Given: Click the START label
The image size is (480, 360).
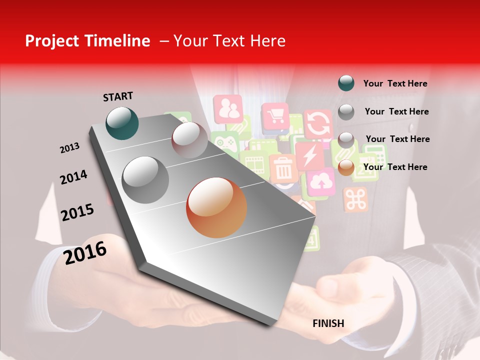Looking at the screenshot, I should (x=118, y=96).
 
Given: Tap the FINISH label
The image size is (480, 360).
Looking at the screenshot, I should (x=328, y=323).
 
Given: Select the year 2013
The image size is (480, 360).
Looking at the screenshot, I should (x=70, y=147).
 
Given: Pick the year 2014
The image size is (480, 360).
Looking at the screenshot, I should (x=73, y=177).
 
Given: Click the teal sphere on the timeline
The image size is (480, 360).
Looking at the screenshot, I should (x=122, y=123).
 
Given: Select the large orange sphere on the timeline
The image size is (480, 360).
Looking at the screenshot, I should (x=216, y=207).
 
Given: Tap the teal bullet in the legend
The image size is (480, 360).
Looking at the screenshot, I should (x=346, y=83).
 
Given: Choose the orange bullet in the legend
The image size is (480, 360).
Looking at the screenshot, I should (x=346, y=167).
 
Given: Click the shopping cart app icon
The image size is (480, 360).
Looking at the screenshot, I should (x=275, y=117).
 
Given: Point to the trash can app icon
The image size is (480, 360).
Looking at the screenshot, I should (x=283, y=168).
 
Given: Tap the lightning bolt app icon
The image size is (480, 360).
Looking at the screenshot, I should (x=309, y=156).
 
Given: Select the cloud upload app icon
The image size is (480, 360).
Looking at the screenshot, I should (x=320, y=182).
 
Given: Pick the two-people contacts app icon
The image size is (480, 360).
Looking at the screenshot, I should (x=228, y=108).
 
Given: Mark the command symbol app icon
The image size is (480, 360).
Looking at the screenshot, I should (x=356, y=199).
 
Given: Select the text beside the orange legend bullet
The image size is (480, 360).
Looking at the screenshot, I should (x=395, y=167).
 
